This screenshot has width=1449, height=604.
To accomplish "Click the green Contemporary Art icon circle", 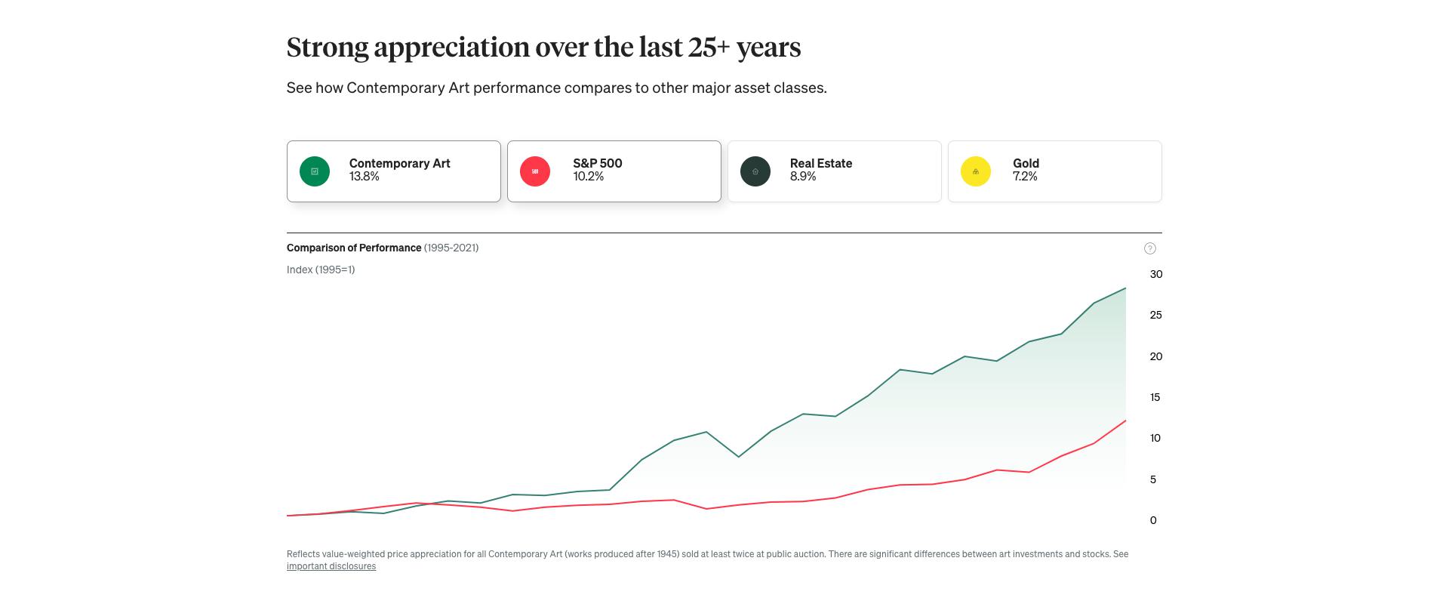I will (x=315, y=171).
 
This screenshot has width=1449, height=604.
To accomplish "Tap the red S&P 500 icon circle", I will (x=535, y=171).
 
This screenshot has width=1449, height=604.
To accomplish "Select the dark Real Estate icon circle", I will (x=755, y=171).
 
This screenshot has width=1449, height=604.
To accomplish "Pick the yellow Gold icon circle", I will (x=976, y=171).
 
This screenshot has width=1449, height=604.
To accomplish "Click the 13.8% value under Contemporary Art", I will (x=365, y=177).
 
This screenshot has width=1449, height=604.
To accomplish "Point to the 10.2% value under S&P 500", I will (x=589, y=177).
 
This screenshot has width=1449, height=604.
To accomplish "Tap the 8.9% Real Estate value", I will (x=803, y=177).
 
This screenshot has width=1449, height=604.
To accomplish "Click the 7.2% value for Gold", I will (x=1025, y=177).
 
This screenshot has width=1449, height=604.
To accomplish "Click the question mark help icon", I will (x=1150, y=248).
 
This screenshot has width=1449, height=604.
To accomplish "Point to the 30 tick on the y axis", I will (x=1156, y=274).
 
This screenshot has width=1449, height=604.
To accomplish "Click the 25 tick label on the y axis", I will (x=1155, y=315).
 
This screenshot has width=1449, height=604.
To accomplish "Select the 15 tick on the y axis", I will (x=1155, y=397).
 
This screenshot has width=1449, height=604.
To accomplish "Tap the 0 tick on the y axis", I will (x=1153, y=520).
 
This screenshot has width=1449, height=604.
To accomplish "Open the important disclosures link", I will (x=331, y=566).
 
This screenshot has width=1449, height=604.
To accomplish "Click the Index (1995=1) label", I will (x=321, y=270).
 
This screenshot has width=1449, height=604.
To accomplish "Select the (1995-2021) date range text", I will (x=451, y=248).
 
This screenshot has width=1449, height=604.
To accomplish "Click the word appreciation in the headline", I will (x=452, y=48).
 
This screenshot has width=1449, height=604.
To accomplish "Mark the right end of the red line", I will (x=1125, y=421).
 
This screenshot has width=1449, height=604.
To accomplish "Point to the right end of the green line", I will (x=1125, y=288).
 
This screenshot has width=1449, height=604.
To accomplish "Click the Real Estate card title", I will (x=821, y=163).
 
